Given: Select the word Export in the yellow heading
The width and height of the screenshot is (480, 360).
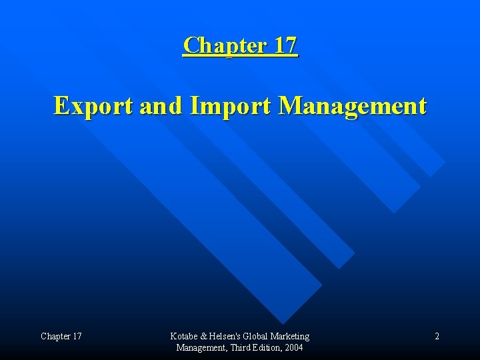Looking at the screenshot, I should click(93, 105).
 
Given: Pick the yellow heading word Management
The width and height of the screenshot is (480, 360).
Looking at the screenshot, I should click(351, 105).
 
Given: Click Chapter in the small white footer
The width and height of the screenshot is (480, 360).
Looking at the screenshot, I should click(55, 336).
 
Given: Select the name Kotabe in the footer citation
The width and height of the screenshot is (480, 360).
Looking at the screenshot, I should click(184, 336).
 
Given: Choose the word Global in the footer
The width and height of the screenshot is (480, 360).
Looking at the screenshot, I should click(259, 336).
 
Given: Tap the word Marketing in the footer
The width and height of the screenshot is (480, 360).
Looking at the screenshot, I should click(292, 336).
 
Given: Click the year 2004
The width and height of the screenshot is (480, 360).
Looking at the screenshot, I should click(294, 347).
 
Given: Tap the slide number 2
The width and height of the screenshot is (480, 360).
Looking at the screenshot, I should click(437, 336).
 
